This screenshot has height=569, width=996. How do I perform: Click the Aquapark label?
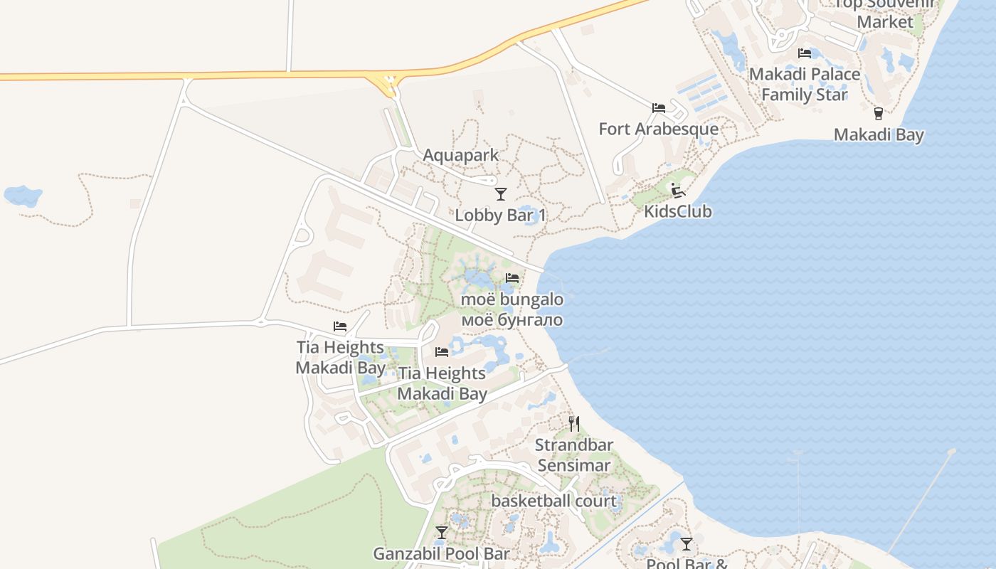461,155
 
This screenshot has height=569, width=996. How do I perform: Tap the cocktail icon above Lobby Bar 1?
501,193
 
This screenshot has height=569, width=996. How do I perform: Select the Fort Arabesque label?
658,129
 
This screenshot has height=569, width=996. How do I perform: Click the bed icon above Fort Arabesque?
659,108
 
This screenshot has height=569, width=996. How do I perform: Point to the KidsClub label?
677,211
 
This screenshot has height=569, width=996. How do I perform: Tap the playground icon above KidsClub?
677,190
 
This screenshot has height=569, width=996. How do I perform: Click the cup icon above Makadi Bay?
878,113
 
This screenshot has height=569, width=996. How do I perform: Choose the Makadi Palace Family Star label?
805,84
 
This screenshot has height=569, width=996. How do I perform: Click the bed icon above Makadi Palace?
805,53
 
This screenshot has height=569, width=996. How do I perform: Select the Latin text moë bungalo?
512,299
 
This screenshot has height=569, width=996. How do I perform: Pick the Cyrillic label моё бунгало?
512,320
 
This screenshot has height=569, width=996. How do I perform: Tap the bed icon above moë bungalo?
512,278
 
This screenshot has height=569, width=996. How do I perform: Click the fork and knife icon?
574,424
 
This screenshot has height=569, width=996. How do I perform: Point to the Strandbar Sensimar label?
573,455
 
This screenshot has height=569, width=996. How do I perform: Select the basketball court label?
554,501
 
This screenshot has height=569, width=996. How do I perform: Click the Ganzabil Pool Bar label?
442,553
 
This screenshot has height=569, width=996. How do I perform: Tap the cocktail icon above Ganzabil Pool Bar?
442,532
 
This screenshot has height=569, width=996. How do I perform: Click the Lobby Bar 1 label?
501,215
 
